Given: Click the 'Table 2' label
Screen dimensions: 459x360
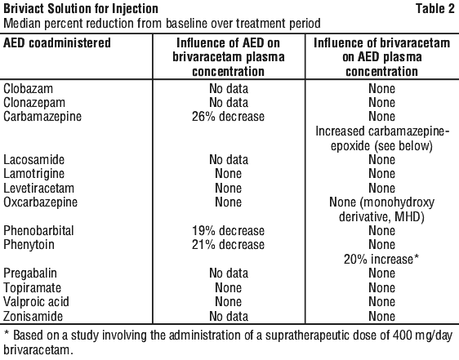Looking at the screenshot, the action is tap(435, 8).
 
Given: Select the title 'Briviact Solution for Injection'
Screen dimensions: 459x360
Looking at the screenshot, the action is tap(81, 9).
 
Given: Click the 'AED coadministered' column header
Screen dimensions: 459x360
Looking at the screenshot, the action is tap(57, 43).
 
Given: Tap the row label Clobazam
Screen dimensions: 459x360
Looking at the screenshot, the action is tap(28, 89).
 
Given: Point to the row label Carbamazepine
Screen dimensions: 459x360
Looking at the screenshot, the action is tap(42, 117).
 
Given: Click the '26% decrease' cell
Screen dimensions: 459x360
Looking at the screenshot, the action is tap(229, 117).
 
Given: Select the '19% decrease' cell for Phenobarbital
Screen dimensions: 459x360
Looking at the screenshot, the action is tap(229, 231).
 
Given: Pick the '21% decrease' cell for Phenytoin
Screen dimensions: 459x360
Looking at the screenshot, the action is tap(229, 245).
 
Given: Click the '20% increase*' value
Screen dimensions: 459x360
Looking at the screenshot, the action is tap(381, 259).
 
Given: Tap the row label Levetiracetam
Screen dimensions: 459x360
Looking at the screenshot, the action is tap(38, 188).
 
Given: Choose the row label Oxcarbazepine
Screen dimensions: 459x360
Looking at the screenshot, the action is tap(40, 202).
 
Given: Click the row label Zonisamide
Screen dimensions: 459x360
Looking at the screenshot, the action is tap(33, 316).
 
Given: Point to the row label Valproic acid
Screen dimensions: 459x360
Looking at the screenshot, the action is tap(36, 302).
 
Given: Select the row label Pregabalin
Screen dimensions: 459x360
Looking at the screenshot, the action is tap(30, 273).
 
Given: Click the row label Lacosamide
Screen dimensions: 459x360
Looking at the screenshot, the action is tap(34, 159).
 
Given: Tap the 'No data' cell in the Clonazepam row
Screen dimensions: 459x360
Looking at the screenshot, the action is tap(229, 102).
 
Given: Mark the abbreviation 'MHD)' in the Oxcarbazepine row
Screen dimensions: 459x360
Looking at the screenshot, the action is tap(409, 217).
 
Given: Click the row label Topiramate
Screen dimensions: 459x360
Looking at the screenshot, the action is tap(32, 288).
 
